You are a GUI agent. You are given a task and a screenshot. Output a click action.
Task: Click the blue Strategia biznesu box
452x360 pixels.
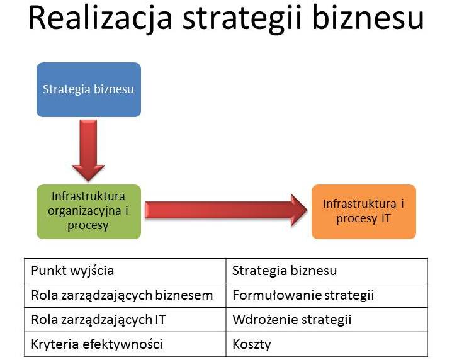89,89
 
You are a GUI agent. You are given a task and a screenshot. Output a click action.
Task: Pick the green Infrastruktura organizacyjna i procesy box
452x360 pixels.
89,211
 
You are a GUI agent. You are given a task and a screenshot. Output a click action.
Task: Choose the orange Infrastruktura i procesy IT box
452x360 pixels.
364,211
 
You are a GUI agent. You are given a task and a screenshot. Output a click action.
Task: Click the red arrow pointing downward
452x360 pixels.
88,150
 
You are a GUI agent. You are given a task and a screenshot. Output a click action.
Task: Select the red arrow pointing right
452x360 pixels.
226,210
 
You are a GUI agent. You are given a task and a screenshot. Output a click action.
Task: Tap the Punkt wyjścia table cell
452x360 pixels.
125,271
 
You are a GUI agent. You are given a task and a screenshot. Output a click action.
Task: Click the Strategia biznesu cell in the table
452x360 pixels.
327,271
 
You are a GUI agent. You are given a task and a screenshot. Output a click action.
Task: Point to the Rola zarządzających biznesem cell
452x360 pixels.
125,295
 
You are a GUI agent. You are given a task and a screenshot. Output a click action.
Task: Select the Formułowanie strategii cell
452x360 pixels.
327,295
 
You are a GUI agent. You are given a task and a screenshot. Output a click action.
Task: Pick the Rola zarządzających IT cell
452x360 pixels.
125,320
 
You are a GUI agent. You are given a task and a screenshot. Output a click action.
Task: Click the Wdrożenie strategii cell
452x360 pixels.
327,320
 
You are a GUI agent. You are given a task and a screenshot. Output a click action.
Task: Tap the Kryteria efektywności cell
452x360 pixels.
125,344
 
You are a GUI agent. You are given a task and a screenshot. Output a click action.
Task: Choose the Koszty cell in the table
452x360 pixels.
327,344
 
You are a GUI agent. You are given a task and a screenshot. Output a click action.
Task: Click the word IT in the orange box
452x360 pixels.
386,218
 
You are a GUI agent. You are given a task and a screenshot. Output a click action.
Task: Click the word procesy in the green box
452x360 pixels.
88,226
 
